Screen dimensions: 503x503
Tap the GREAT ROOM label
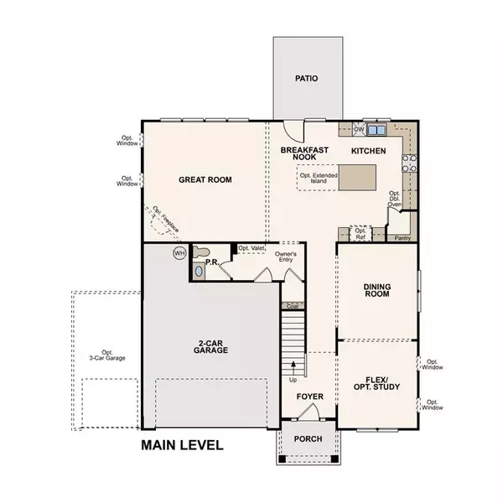(205, 179)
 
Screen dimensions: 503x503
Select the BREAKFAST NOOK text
(302, 154)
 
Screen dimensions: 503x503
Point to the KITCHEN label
(368, 151)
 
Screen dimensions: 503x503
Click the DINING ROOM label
(377, 292)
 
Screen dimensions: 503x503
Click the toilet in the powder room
(200, 251)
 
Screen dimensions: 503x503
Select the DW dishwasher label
(358, 129)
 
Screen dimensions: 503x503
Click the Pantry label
(402, 238)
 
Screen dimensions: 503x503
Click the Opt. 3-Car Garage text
(106, 355)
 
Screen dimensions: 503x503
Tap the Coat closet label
(291, 306)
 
